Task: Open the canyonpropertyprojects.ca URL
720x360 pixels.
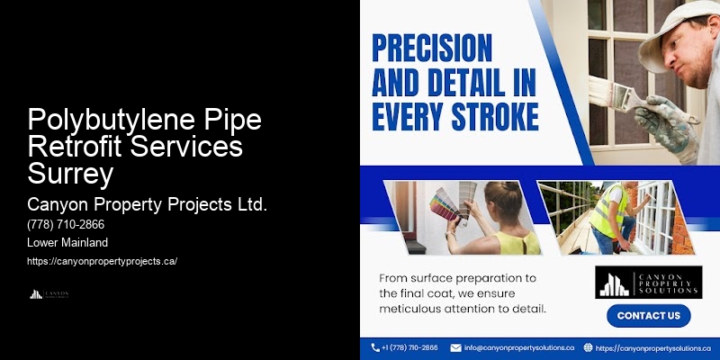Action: click(x=102, y=261)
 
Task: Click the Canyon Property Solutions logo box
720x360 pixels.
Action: click(x=648, y=282)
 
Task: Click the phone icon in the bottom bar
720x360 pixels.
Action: click(x=375, y=347)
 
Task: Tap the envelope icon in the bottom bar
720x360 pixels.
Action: click(x=455, y=347)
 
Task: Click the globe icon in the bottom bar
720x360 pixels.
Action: click(x=588, y=347)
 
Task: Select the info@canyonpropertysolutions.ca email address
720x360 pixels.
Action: click(x=518, y=347)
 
